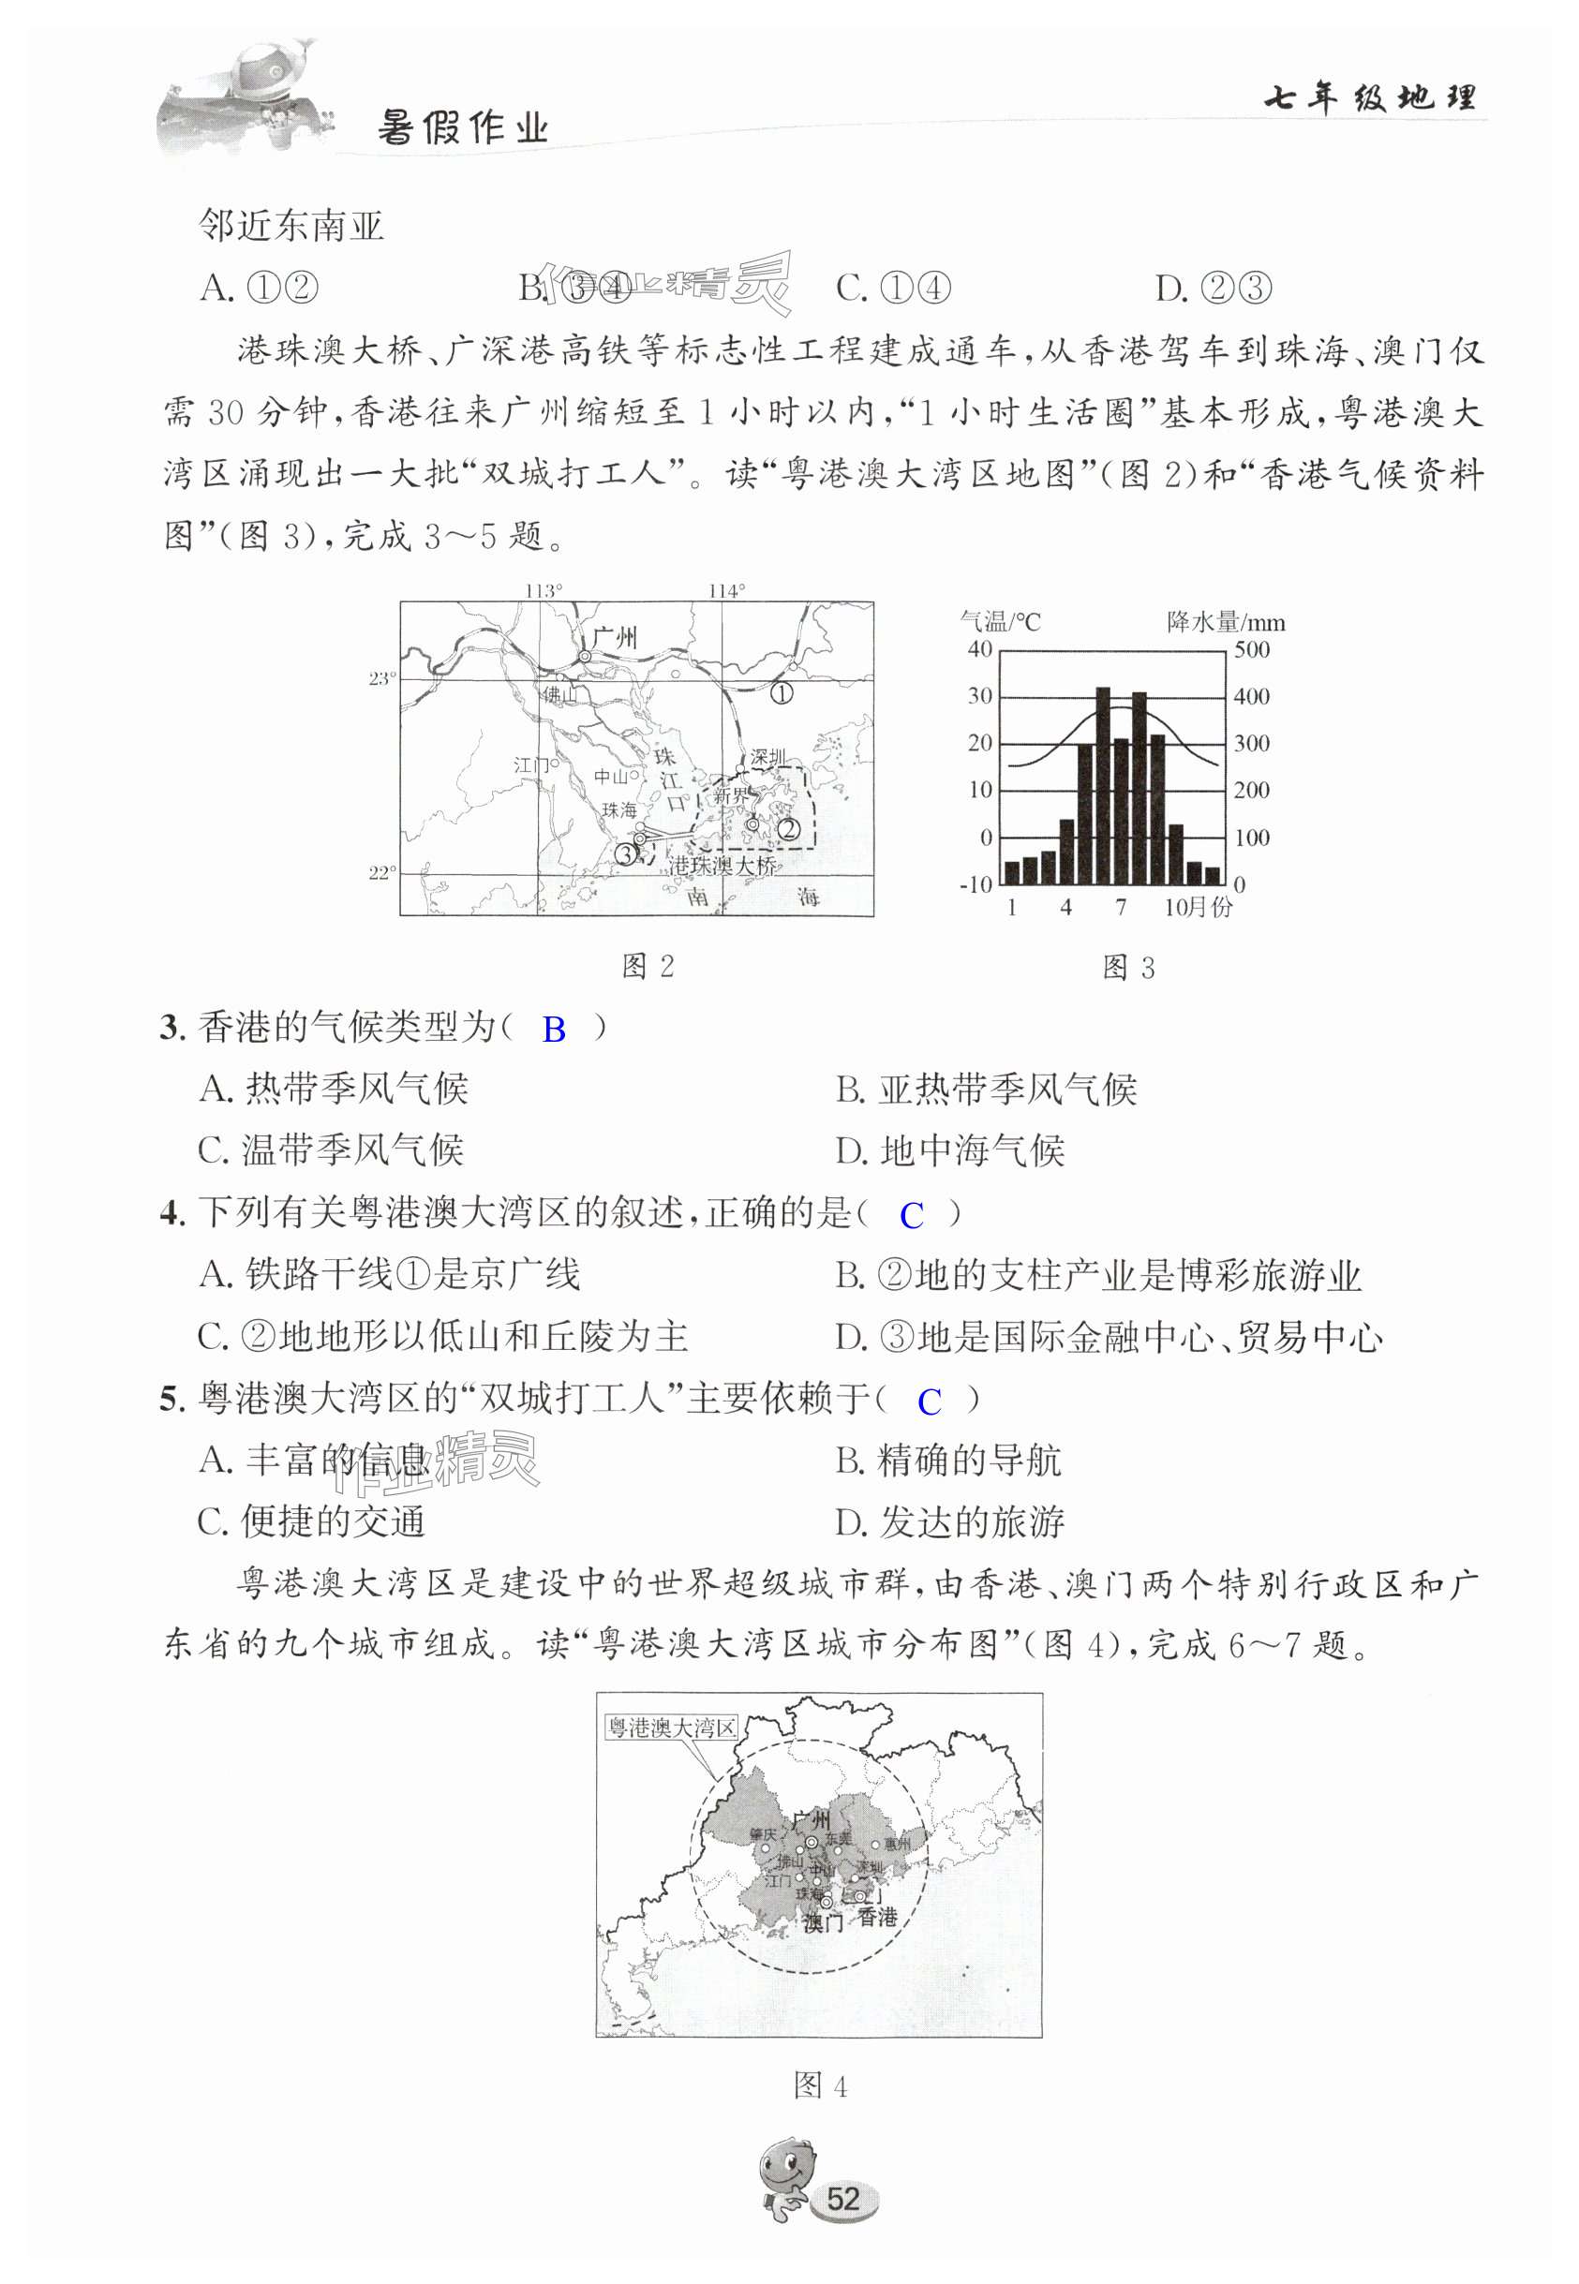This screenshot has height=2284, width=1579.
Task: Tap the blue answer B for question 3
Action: (x=554, y=1030)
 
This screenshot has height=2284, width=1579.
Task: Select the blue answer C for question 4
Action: (x=911, y=1215)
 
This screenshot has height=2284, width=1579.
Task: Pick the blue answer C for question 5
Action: (x=929, y=1402)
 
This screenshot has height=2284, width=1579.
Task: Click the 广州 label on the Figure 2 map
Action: (x=616, y=636)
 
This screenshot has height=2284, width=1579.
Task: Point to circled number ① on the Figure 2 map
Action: (x=782, y=693)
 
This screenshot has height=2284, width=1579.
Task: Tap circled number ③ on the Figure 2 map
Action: (x=626, y=853)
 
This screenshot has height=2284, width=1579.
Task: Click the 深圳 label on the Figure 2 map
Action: (x=767, y=758)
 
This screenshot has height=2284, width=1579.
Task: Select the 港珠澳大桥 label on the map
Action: (x=723, y=866)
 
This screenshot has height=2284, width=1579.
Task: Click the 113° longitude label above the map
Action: (x=544, y=590)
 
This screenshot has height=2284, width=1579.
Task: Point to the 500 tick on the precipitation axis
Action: (x=1252, y=650)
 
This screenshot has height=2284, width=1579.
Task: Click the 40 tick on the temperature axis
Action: (x=978, y=650)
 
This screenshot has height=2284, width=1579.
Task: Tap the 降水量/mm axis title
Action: (x=1226, y=622)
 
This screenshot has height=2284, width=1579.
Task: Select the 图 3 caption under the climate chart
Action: (x=1128, y=968)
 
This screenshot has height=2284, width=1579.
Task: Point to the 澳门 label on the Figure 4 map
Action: (x=822, y=1922)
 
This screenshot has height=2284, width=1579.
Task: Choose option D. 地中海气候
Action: (x=950, y=1150)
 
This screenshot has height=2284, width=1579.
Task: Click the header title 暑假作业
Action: (x=462, y=128)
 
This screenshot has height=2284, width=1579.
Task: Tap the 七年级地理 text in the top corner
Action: (x=1370, y=98)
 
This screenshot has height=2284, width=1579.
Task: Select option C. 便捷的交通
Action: (x=312, y=1521)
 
